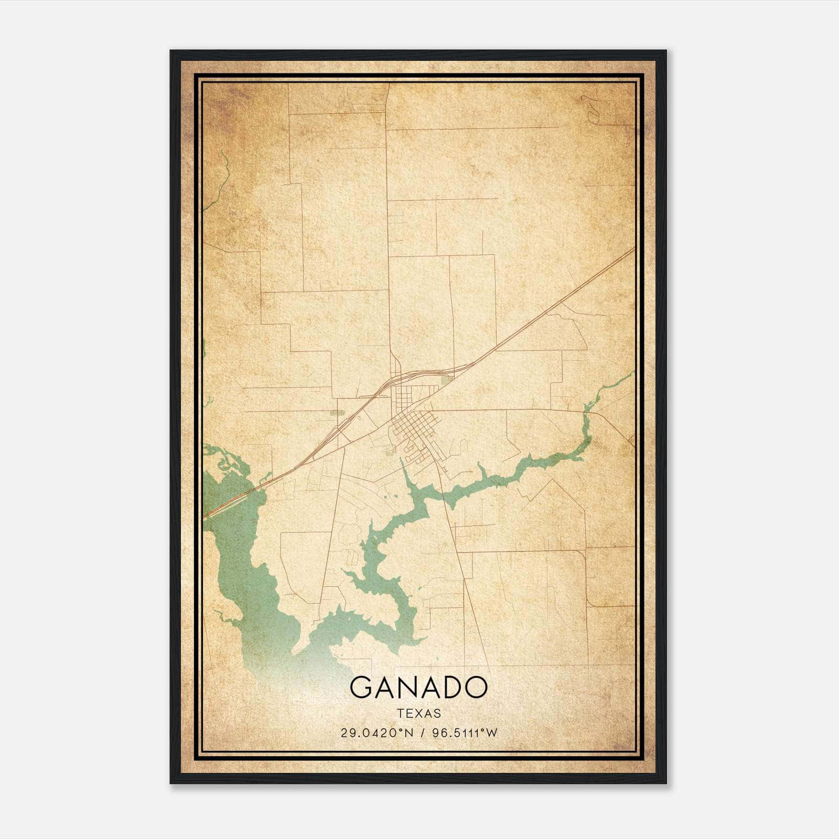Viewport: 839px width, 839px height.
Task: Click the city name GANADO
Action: click(x=418, y=687)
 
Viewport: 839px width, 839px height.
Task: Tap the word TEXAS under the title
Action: click(x=418, y=713)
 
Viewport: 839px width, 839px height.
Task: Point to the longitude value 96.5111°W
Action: click(x=464, y=733)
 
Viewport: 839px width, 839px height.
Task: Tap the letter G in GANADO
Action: click(x=361, y=687)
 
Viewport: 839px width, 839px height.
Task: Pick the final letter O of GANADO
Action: click(x=475, y=687)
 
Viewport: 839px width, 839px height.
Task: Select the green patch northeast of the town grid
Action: click(x=447, y=380)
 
